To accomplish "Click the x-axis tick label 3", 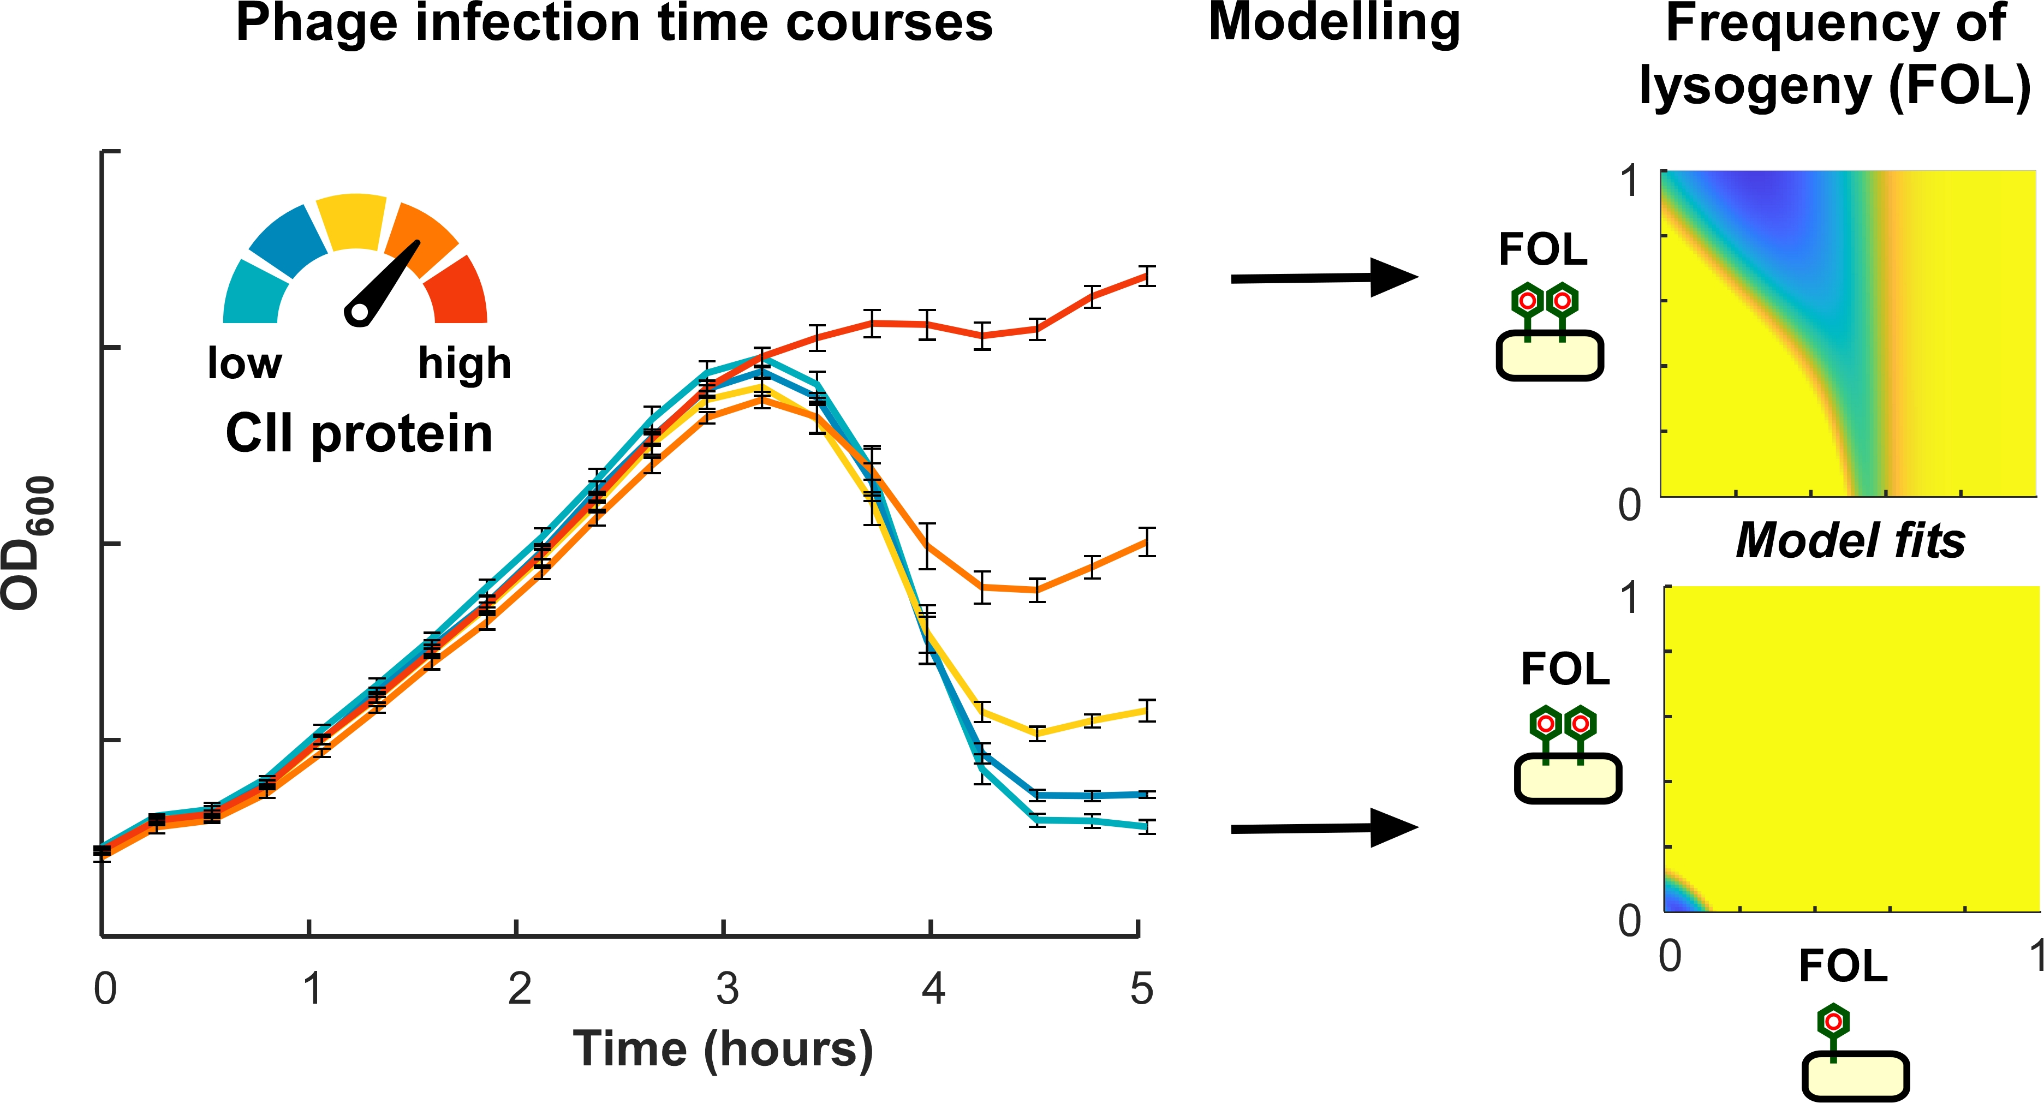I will [x=726, y=989].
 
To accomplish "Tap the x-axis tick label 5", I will [x=1141, y=989].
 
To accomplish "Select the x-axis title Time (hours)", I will [x=723, y=1048].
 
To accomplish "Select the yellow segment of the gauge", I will [x=352, y=222].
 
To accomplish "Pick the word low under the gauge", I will [x=245, y=363].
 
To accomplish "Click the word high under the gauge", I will [x=464, y=363].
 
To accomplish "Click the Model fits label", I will [x=1850, y=541].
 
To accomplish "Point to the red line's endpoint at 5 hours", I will [x=1146, y=276].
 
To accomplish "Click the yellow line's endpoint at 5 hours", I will [x=1146, y=710].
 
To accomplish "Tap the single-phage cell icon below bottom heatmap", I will [x=1855, y=1056].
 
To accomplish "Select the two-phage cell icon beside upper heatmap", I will [x=1549, y=333].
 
